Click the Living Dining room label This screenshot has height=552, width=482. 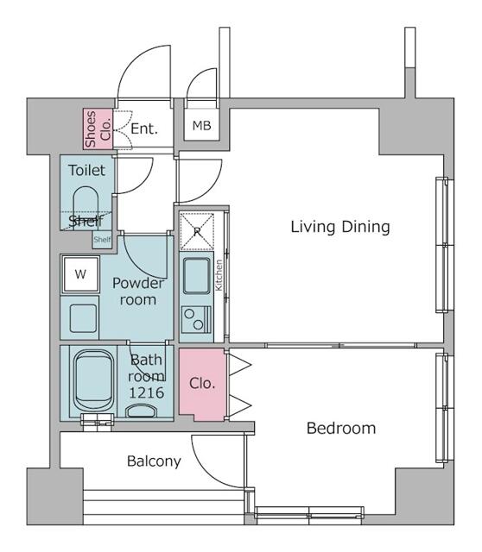point(340,227)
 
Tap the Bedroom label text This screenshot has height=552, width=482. point(341,429)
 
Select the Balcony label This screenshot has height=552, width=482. point(154,461)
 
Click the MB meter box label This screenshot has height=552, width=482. point(201,125)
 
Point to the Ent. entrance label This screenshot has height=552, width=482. point(144,129)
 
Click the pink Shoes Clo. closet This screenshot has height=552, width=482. point(98,129)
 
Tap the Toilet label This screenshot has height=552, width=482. point(86,171)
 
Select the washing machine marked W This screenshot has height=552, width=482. point(80,274)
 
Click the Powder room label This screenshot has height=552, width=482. point(138,292)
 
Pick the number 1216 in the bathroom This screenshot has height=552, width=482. point(146,392)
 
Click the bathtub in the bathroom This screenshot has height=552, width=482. point(93,380)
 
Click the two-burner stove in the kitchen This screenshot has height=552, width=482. point(196,320)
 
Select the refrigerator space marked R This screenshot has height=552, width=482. point(197,232)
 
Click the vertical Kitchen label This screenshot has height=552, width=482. point(219,275)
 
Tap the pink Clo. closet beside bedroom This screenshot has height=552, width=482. point(202,384)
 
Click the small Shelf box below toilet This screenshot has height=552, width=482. point(102,240)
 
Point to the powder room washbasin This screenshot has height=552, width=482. point(83,318)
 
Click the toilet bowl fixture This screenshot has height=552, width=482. point(86,207)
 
